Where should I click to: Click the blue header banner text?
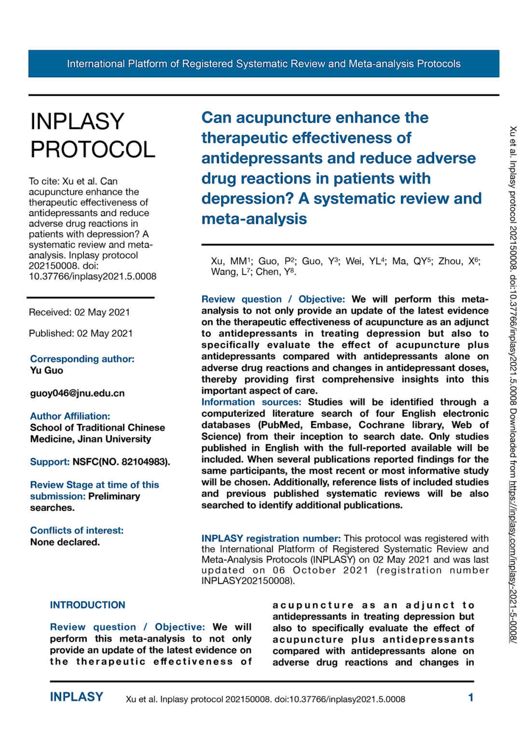(x=263, y=64)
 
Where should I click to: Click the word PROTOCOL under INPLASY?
(x=93, y=150)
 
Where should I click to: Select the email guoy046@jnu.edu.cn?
(x=77, y=393)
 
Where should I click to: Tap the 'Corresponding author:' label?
(x=82, y=359)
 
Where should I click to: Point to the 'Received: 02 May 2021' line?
(x=79, y=312)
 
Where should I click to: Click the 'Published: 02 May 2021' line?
(x=81, y=333)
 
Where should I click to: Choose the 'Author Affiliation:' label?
(x=70, y=416)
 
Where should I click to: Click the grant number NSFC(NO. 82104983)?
(x=121, y=462)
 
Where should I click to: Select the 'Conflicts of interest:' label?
(x=77, y=530)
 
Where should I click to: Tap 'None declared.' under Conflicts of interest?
(x=65, y=542)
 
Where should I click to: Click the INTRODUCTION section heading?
(x=87, y=605)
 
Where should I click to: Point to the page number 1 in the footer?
(x=470, y=698)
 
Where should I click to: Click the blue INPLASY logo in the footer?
(x=76, y=697)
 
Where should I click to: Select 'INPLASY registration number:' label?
(x=271, y=538)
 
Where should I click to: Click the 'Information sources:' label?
(x=251, y=402)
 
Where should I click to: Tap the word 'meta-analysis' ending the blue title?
(x=254, y=219)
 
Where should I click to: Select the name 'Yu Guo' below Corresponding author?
(x=46, y=370)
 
